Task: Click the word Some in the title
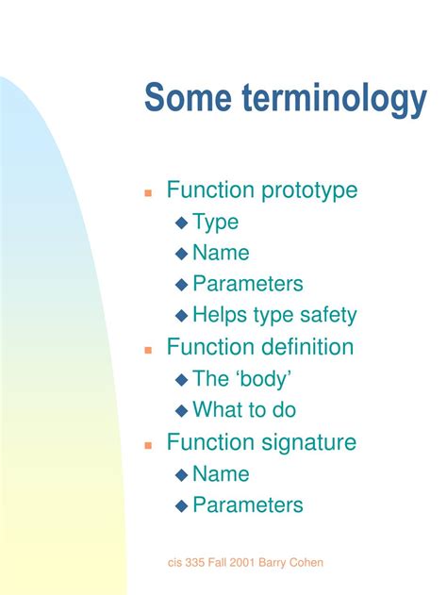point(186,98)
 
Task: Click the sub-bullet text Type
point(215,223)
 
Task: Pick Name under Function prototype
point(221,253)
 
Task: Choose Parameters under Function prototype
point(247,284)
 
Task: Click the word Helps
point(219,315)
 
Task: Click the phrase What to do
point(243,410)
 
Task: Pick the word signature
point(307,442)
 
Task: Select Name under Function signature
point(221,473)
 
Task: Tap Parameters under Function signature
point(247,504)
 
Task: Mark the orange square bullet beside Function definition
point(148,350)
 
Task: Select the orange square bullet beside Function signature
point(148,444)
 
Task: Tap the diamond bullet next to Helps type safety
point(182,316)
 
